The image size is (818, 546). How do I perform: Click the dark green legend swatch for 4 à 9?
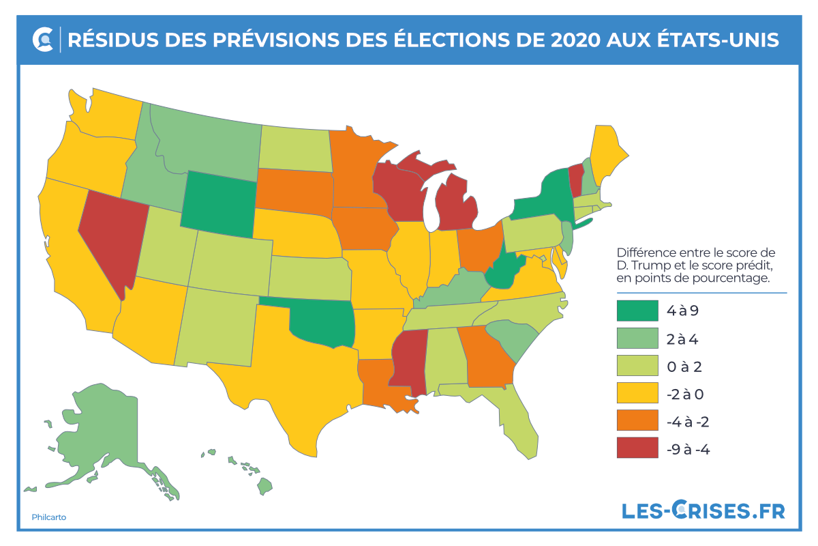pos(637,311)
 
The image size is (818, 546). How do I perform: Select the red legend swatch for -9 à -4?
pos(637,448)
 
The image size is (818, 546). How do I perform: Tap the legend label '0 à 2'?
pos(684,367)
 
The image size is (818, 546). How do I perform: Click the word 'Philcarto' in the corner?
pos(49,517)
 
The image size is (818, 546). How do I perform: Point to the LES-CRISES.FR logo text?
pos(703,511)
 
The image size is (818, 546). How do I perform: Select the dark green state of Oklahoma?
pos(320,324)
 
